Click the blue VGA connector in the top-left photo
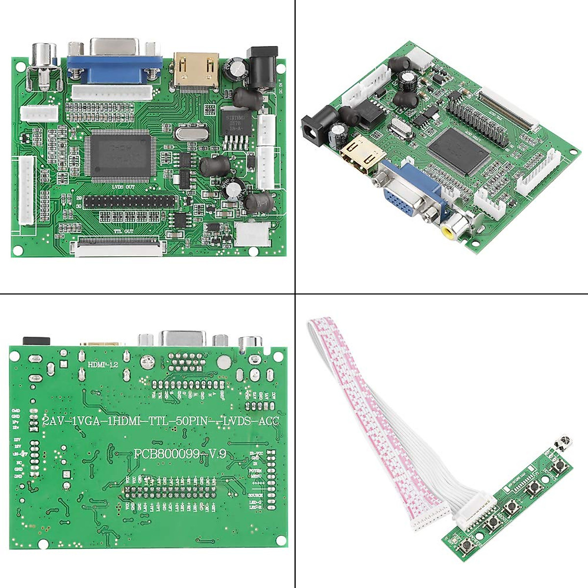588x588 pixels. point(115,67)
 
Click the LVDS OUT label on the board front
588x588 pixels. point(123,187)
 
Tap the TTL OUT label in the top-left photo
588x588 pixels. point(123,231)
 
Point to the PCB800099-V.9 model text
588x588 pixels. point(180,454)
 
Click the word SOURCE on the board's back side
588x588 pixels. point(256,495)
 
